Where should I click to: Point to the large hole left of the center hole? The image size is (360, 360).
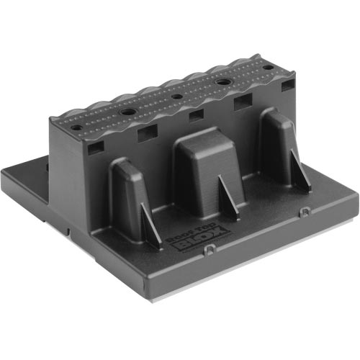click(x=127, y=112)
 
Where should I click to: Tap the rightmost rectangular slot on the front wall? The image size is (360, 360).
click(x=287, y=86)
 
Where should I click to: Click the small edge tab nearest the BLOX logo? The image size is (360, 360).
click(x=208, y=249)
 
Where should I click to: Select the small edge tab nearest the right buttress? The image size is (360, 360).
click(x=305, y=211)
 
